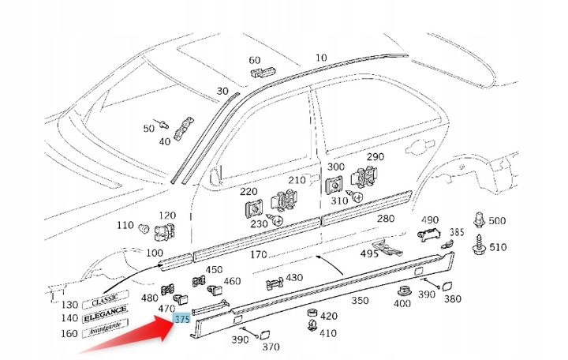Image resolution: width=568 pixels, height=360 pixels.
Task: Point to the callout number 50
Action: [148, 128]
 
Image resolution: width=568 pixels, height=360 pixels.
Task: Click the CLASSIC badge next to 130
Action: [104, 300]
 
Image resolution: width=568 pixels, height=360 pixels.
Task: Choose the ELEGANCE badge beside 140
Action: [104, 315]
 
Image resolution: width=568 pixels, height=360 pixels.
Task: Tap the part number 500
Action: [498, 221]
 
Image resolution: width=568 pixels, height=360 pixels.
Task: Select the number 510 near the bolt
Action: [499, 247]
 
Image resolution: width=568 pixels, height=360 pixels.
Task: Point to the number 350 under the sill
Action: [359, 301]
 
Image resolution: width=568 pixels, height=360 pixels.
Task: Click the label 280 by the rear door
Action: [385, 219]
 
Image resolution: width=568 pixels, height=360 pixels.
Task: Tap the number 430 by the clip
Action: [293, 278]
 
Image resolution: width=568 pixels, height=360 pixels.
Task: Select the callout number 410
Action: [328, 333]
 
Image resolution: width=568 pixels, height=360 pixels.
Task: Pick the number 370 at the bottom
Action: [271, 347]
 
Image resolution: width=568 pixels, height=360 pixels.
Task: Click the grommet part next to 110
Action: [144, 229]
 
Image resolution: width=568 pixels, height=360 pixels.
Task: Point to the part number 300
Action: [336, 167]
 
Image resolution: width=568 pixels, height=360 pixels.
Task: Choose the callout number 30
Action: [222, 92]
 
